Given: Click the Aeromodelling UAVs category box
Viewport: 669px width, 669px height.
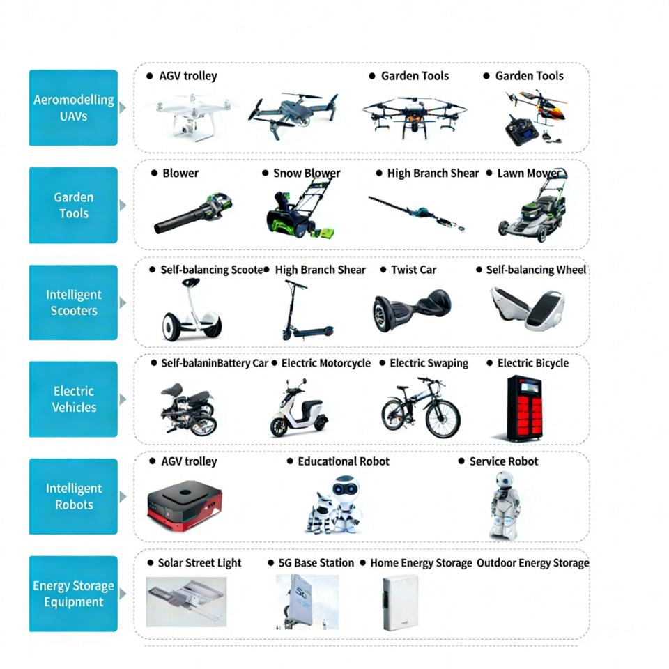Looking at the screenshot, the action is pos(73,107).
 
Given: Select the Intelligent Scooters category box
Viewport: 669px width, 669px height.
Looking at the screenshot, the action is pos(73,302).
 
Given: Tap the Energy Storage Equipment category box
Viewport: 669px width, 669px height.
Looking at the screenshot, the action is pos(73,594).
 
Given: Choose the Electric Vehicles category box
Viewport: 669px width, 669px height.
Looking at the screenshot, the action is pos(73,399).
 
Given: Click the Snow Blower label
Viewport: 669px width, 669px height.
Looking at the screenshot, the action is pos(307,173).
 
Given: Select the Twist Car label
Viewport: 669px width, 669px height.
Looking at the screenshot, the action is pos(413,270).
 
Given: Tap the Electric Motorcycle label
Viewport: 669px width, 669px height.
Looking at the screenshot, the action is pos(325,363).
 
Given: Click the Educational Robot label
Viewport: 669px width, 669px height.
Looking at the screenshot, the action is pos(343,461).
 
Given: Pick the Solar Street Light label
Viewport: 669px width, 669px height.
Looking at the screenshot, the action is pos(199,563).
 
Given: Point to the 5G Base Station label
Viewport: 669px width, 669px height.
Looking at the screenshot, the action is pos(316,563).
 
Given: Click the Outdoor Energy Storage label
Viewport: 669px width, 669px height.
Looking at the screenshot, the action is pos(532,563).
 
